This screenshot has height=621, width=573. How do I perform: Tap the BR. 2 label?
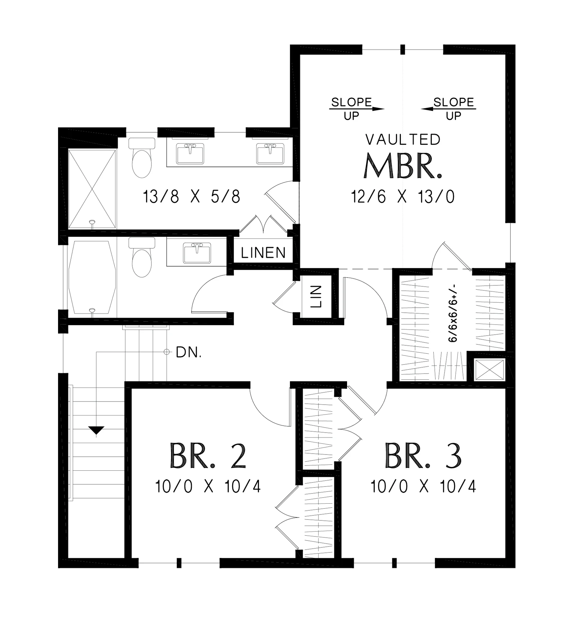(208, 456)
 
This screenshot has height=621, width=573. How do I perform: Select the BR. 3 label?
(423, 456)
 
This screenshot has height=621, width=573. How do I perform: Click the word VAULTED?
(403, 140)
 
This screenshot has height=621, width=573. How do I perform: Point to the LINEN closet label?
(263, 253)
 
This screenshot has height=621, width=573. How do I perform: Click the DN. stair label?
(189, 352)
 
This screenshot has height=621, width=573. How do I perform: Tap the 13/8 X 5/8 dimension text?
(192, 197)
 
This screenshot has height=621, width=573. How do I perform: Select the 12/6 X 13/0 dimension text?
(403, 197)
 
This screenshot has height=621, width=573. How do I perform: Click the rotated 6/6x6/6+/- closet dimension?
(453, 313)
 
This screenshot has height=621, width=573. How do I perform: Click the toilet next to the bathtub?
(142, 257)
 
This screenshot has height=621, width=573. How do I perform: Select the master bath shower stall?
(92, 189)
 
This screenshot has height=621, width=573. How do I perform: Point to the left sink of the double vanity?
(190, 153)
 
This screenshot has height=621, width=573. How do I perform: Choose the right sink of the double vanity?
(270, 153)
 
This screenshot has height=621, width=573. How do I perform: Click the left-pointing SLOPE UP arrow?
(448, 109)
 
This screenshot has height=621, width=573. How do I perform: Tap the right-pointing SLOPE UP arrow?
(357, 109)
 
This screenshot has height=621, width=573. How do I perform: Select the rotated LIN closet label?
(316, 297)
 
